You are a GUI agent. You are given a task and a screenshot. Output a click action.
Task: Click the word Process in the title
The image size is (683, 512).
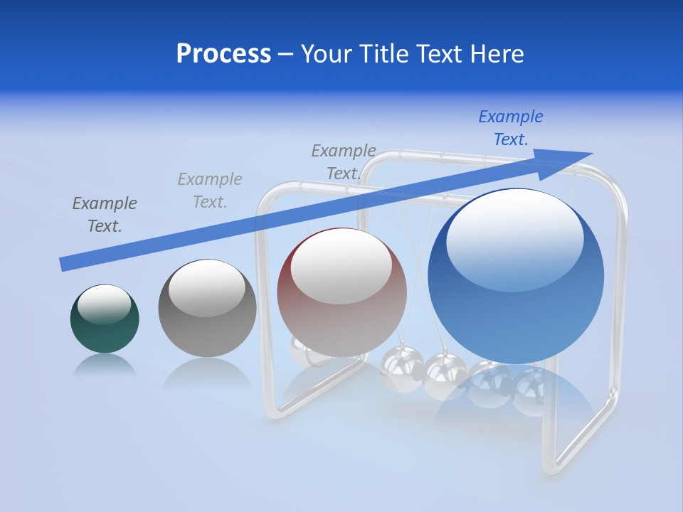[x=223, y=54]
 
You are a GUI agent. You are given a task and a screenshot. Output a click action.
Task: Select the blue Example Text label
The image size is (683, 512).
[x=510, y=128]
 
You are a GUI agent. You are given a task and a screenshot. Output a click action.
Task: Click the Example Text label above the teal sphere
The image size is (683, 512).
[x=105, y=215]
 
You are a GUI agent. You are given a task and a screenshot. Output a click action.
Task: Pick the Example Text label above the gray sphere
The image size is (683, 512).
[x=210, y=191]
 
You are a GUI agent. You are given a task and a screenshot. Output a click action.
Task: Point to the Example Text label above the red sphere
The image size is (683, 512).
[x=344, y=162]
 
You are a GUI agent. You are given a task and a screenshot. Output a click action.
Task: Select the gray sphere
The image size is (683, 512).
[x=207, y=327]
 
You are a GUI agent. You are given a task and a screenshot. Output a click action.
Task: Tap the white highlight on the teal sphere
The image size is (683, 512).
[x=104, y=304]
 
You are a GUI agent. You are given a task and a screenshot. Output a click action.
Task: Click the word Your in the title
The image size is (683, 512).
[x=325, y=54]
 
